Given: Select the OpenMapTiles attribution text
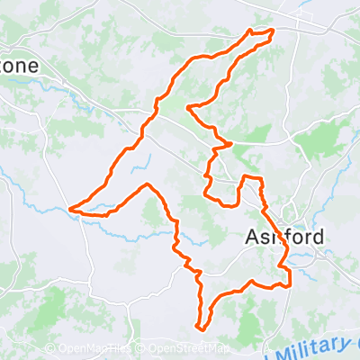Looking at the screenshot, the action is pos(94,349).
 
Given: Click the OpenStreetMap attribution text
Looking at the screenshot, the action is pos(188,349).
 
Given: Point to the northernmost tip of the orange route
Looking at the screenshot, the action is pos(250,30).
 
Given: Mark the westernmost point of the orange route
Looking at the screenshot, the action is pos(70,211).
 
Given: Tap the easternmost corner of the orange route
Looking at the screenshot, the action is pos(291,285).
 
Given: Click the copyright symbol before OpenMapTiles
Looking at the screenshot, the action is pos(50,349).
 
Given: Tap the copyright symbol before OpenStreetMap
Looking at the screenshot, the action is pos(142,349).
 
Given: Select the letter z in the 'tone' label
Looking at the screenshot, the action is pos(4,67).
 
